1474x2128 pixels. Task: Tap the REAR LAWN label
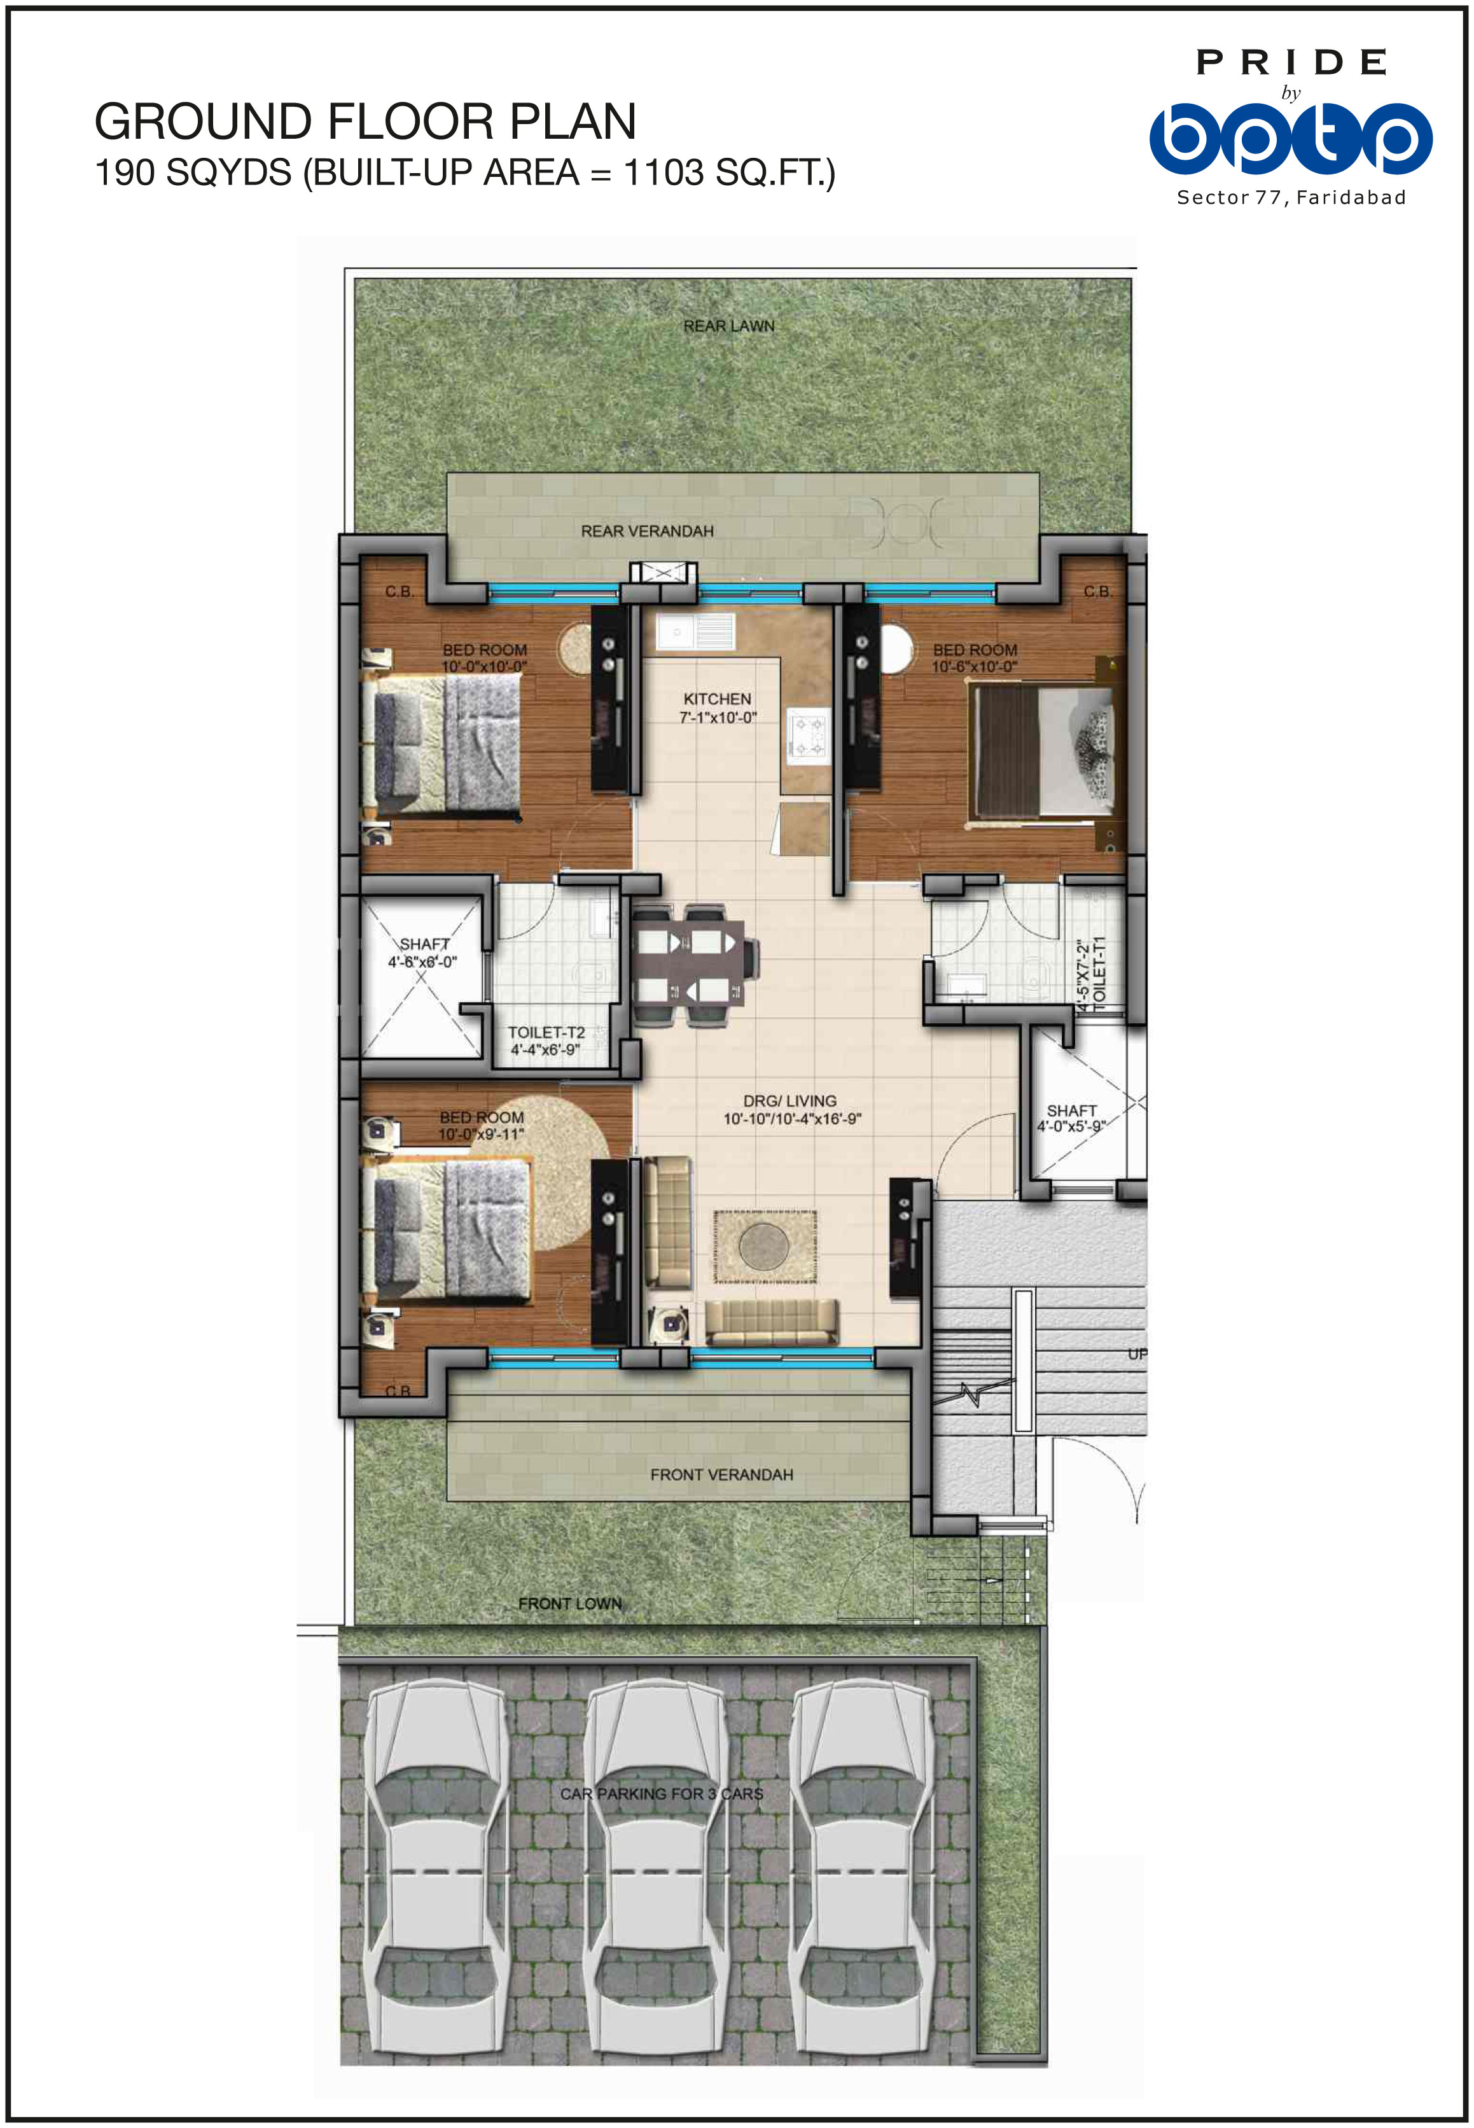pyautogui.click(x=728, y=326)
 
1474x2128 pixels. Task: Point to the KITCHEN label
pyautogui.click(x=717, y=699)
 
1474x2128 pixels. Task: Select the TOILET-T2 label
pyautogui.click(x=546, y=1033)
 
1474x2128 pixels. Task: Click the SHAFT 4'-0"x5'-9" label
pyautogui.click(x=1071, y=1119)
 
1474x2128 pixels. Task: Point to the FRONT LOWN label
pyautogui.click(x=570, y=1604)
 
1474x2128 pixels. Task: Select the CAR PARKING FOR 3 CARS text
pyautogui.click(x=661, y=1794)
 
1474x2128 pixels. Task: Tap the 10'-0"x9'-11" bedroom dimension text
pyautogui.click(x=481, y=1134)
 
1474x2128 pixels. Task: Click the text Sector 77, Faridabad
pyautogui.click(x=1291, y=198)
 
